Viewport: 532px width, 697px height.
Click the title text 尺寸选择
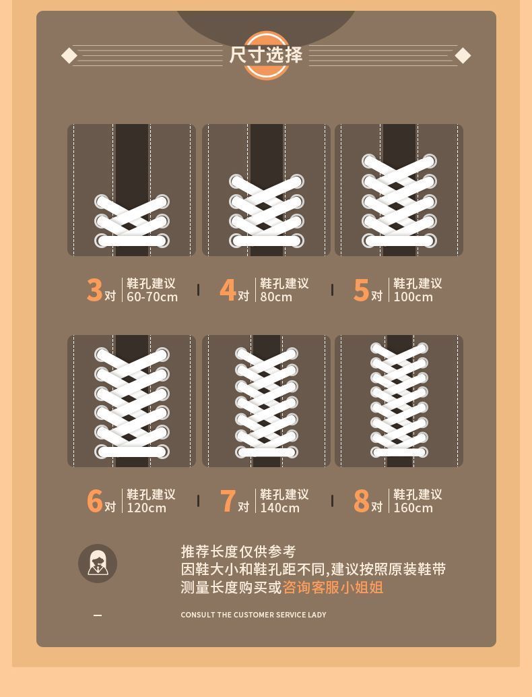[266, 55]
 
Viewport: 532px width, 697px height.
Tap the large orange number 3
[94, 290]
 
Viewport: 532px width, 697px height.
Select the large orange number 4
[228, 290]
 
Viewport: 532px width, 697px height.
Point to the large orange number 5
[361, 290]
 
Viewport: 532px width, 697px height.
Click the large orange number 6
[94, 501]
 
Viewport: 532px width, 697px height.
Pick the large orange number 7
[228, 501]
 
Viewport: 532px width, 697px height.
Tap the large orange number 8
[361, 501]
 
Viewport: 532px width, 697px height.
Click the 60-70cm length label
[152, 297]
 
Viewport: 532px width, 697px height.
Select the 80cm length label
[276, 297]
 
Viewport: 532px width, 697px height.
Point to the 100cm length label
[413, 297]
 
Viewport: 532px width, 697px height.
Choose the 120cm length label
[147, 508]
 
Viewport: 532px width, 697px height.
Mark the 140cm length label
[279, 508]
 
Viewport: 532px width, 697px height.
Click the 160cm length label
[413, 508]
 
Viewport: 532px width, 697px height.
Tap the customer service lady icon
[98, 564]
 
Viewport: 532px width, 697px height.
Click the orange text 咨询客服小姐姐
[333, 587]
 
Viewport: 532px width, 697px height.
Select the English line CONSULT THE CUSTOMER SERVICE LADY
[253, 615]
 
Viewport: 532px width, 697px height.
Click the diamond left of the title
[69, 56]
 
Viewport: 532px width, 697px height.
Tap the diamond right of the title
[463, 56]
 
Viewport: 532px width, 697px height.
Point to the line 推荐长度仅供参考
[238, 551]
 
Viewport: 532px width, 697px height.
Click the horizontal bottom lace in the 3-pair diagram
[132, 241]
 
